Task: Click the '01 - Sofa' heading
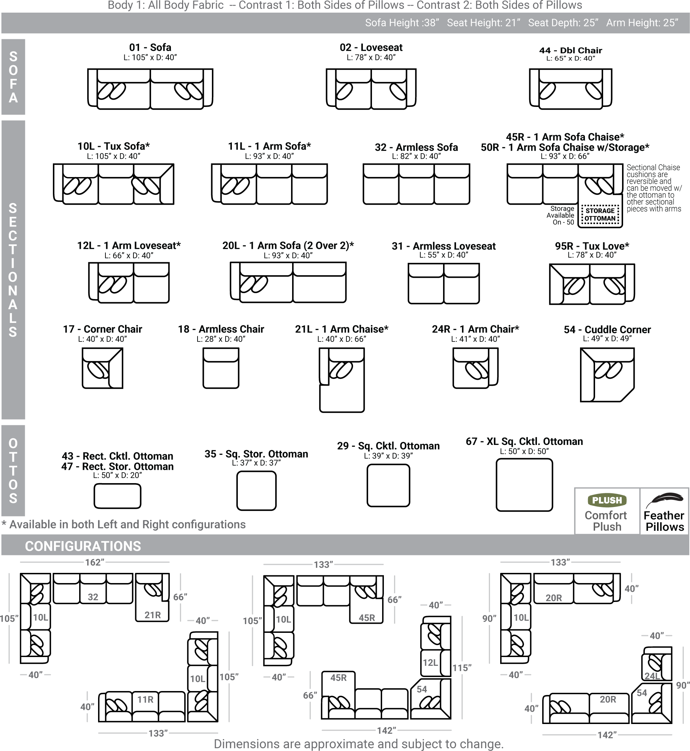tap(150, 47)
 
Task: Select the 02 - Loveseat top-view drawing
tap(371, 89)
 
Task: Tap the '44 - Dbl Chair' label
tap(571, 50)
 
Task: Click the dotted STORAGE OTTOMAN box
tap(600, 215)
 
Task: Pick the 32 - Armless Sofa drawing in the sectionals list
tap(416, 184)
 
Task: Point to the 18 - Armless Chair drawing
tap(221, 368)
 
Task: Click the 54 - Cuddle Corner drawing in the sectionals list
tap(607, 375)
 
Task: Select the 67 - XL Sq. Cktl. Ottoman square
tap(524, 485)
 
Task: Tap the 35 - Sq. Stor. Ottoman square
tap(256, 491)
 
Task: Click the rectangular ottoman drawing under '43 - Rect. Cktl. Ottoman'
tap(117, 496)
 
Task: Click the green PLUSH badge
tap(607, 500)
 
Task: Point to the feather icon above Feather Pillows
tap(664, 501)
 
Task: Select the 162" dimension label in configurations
tap(95, 562)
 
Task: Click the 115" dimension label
tap(462, 668)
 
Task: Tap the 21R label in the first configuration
tap(153, 615)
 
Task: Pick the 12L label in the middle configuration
tap(430, 663)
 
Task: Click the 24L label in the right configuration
tap(652, 676)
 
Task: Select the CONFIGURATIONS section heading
tap(83, 546)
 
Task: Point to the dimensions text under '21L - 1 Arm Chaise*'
tap(341, 339)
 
